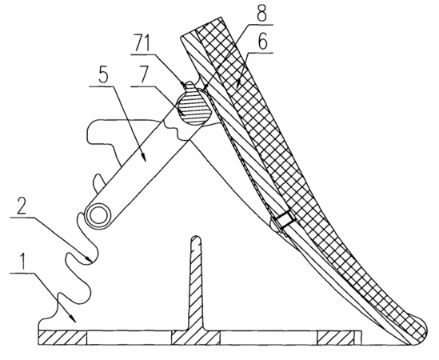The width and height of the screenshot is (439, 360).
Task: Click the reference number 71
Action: click(x=142, y=42)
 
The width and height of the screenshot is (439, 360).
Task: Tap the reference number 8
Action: click(x=262, y=14)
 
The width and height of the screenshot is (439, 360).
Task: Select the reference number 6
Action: click(x=262, y=42)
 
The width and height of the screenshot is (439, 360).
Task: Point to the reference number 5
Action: click(x=103, y=74)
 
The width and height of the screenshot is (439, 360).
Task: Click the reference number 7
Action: click(x=143, y=74)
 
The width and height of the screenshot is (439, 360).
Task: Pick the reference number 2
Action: click(x=22, y=206)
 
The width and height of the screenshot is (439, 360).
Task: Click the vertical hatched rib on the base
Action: click(x=196, y=283)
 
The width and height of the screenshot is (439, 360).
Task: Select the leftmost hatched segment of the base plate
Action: click(x=62, y=338)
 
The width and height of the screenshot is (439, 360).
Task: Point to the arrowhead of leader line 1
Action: click(x=74, y=319)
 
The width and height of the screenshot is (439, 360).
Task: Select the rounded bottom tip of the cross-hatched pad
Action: click(x=421, y=328)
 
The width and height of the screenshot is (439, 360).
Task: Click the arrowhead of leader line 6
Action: click(x=238, y=84)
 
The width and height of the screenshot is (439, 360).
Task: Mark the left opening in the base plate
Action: click(x=129, y=338)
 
